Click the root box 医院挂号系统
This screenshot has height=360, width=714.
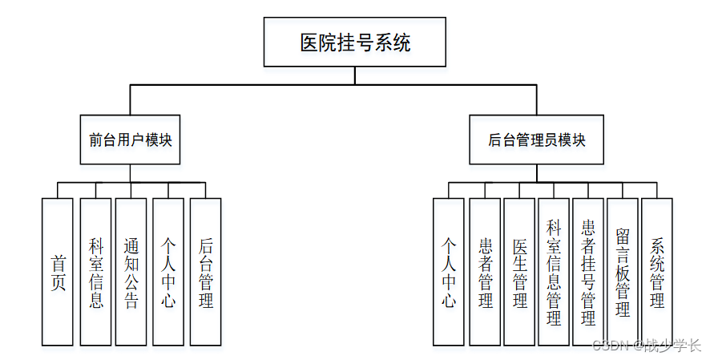tap(355, 42)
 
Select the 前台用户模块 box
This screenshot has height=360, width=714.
tap(130, 140)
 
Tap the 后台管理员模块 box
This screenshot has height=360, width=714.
tap(537, 140)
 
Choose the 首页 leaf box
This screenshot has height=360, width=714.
tap(58, 272)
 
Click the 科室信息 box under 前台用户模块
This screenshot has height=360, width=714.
tap(95, 272)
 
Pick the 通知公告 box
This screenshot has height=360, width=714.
tap(131, 272)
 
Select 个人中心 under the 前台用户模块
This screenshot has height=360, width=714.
tap(168, 272)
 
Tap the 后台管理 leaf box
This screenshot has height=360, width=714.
tap(205, 272)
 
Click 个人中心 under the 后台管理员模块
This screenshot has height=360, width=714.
tap(449, 272)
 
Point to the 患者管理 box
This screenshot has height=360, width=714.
tap(485, 272)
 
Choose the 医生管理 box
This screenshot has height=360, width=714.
tap(519, 272)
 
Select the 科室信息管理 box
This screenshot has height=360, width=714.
tap(554, 272)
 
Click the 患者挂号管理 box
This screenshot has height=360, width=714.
tap(588, 272)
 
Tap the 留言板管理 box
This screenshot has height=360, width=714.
tap(623, 272)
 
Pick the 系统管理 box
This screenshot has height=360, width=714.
tap(657, 272)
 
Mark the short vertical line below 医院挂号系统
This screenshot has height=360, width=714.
tap(355, 75)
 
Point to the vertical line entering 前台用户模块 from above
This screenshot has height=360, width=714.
tap(130, 99)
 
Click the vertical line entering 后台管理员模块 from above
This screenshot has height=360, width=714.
tap(537, 99)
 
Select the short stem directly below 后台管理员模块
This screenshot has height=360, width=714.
tap(537, 172)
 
